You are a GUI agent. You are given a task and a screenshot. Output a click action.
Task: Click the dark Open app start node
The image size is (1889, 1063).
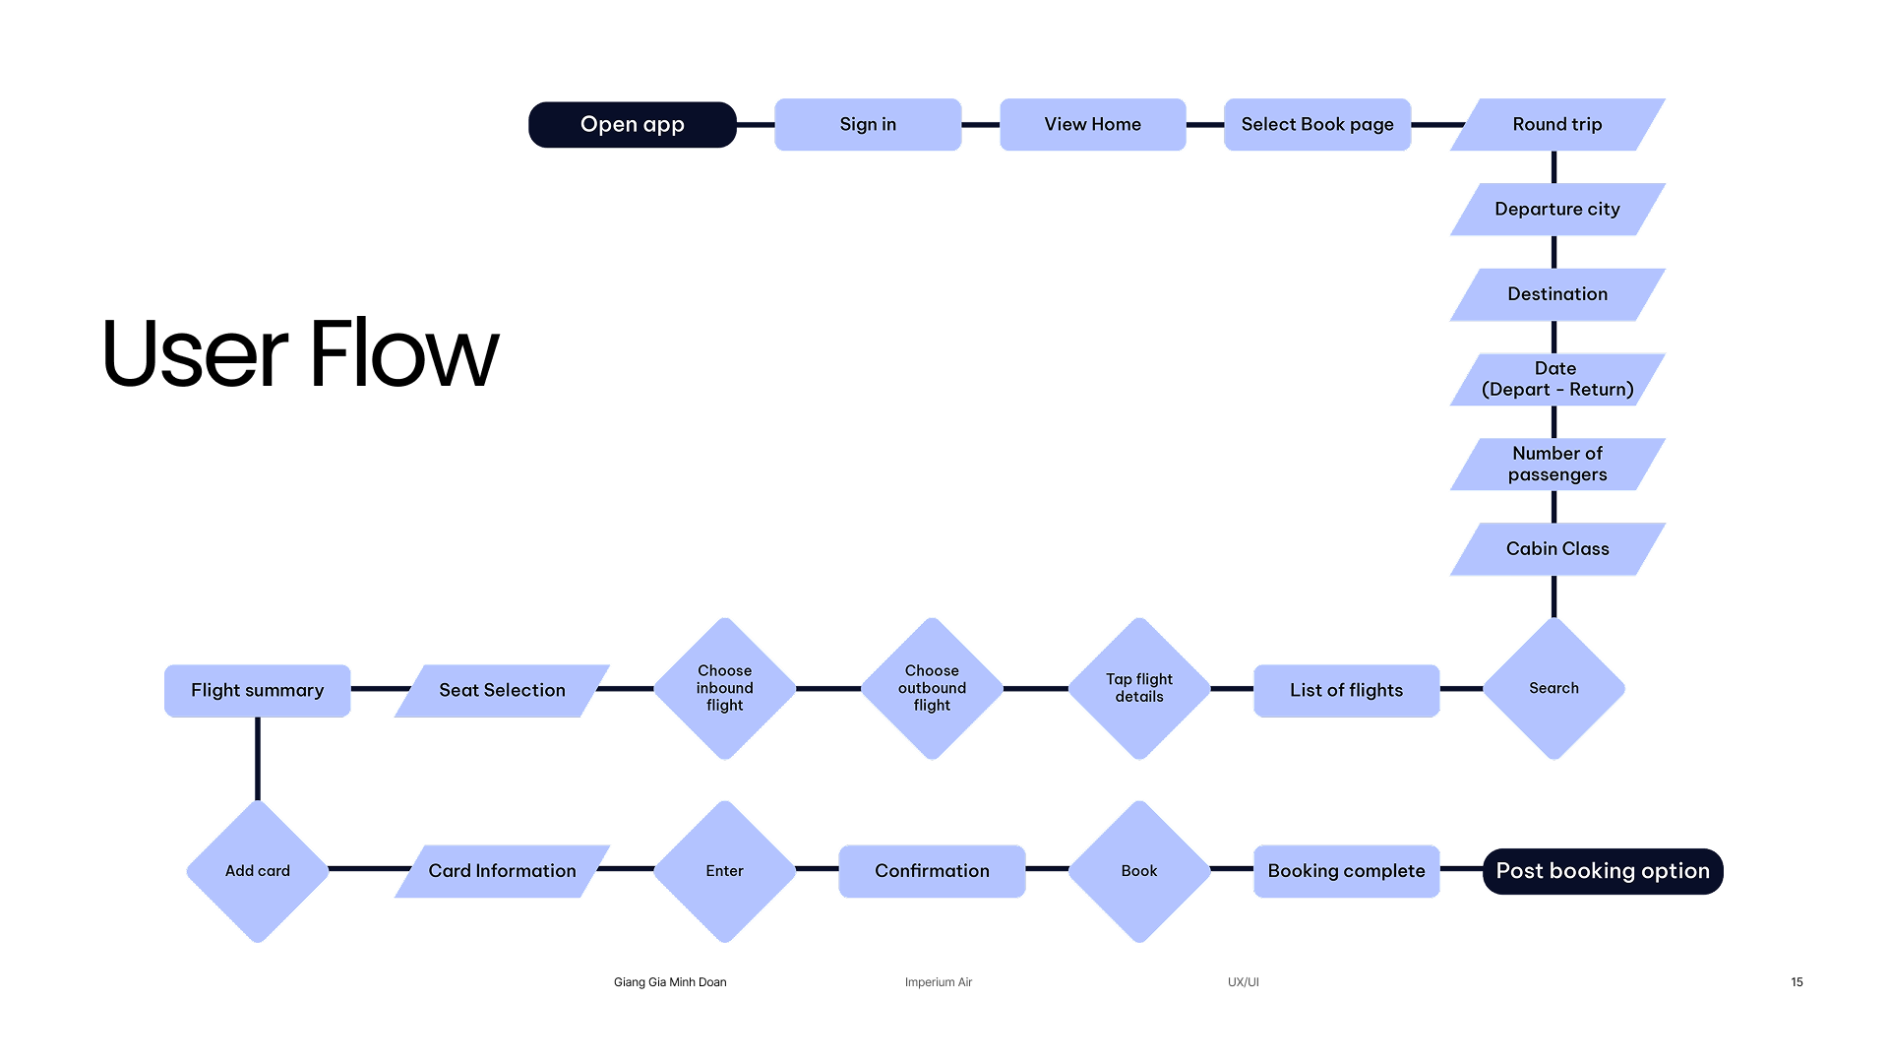point(632,125)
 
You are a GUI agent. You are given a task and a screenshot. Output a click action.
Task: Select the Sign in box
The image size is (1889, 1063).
point(868,125)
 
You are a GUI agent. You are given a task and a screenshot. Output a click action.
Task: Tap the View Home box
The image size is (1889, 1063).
point(1092,125)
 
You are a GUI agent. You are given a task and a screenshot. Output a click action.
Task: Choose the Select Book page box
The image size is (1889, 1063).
point(1316,125)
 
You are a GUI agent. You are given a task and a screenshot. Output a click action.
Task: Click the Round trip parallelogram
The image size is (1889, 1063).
point(1556,125)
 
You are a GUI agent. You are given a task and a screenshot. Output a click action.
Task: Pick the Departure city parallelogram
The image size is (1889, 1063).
point(1556,210)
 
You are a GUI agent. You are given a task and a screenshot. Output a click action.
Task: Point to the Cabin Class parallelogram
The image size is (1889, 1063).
point(1556,549)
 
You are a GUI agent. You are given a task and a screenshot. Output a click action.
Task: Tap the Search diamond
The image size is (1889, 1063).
point(1554,689)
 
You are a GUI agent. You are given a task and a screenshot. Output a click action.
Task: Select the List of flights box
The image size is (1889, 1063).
point(1346,691)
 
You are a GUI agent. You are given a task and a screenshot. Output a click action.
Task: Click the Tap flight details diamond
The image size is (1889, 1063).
point(1139,689)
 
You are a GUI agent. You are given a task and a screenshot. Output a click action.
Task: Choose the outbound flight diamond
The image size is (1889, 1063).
point(932,689)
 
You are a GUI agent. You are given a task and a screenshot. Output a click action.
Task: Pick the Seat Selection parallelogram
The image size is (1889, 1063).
point(502,691)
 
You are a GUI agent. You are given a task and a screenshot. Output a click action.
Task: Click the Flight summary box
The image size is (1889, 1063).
point(257,691)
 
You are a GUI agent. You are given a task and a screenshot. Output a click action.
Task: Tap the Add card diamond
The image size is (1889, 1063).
point(257,871)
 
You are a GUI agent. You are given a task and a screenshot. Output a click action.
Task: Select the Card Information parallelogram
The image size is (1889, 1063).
point(502,871)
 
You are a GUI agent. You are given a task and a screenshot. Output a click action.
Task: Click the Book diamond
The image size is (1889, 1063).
point(1139,871)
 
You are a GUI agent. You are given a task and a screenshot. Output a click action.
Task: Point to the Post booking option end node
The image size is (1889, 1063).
point(1603,871)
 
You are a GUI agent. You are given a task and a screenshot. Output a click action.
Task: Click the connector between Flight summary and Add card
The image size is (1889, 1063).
point(258,758)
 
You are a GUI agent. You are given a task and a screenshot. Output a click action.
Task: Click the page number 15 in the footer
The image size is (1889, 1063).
point(1797,982)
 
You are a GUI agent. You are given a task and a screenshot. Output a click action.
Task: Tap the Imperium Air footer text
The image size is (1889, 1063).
point(938,982)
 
